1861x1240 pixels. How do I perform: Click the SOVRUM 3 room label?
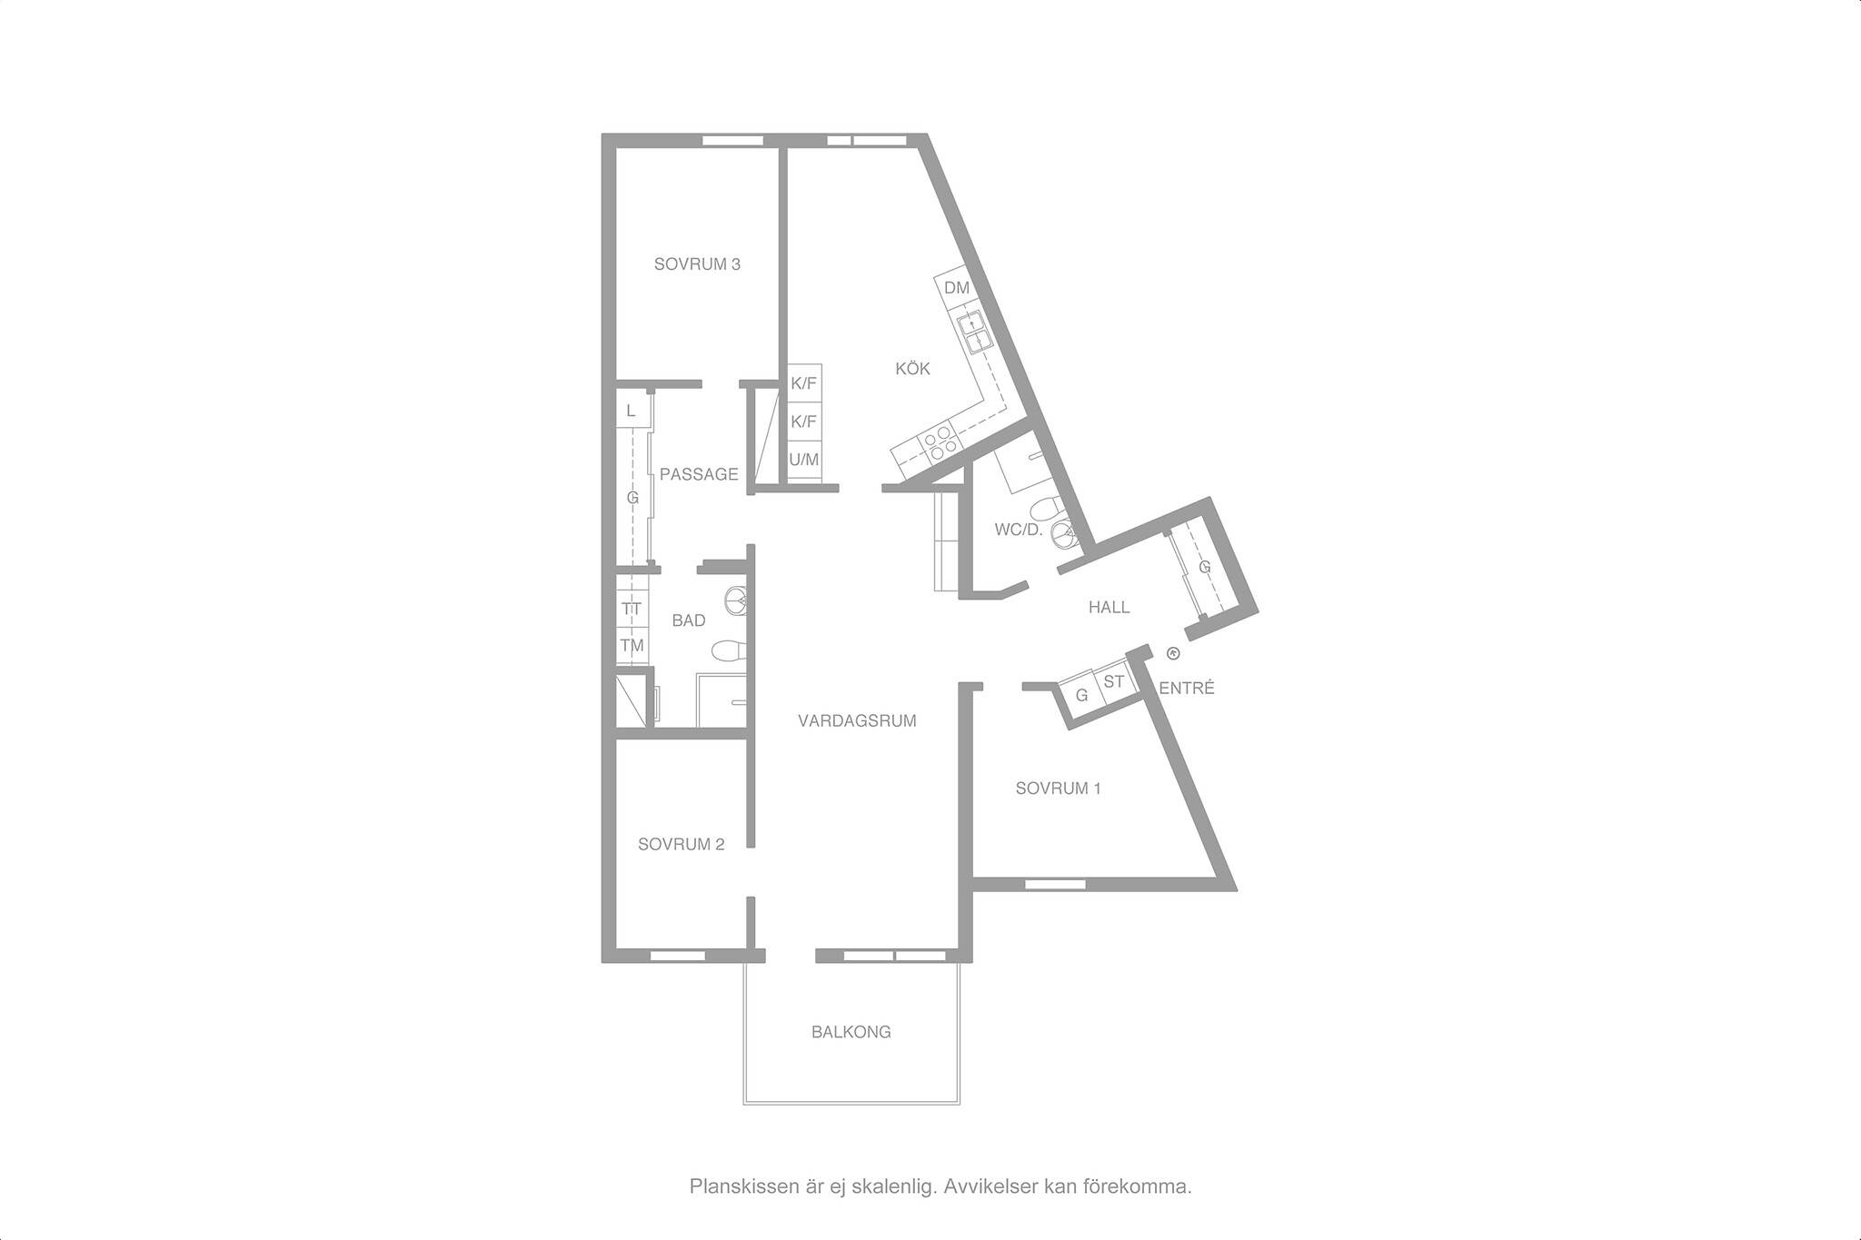tap(697, 264)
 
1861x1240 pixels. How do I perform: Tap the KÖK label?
tap(912, 369)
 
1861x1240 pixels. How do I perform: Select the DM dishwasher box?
tap(956, 289)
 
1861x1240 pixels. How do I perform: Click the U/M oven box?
tap(803, 460)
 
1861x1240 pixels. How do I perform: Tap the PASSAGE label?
tap(699, 474)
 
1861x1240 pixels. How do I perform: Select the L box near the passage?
tap(632, 411)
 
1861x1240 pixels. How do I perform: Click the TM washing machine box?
tap(632, 646)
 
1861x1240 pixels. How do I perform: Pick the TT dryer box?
tap(632, 609)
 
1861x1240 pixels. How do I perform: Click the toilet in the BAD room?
tap(728, 650)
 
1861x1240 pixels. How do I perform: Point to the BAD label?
tap(689, 621)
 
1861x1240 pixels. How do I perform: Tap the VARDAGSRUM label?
tap(857, 721)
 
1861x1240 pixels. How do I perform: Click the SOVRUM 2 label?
tap(681, 845)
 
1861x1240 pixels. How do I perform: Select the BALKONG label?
tap(851, 1032)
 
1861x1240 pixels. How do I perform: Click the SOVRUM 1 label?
tap(1059, 789)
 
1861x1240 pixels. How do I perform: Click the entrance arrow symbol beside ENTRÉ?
tap(1172, 652)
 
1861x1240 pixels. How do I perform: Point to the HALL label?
tap(1110, 608)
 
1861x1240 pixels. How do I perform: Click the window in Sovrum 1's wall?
tap(1055, 884)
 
